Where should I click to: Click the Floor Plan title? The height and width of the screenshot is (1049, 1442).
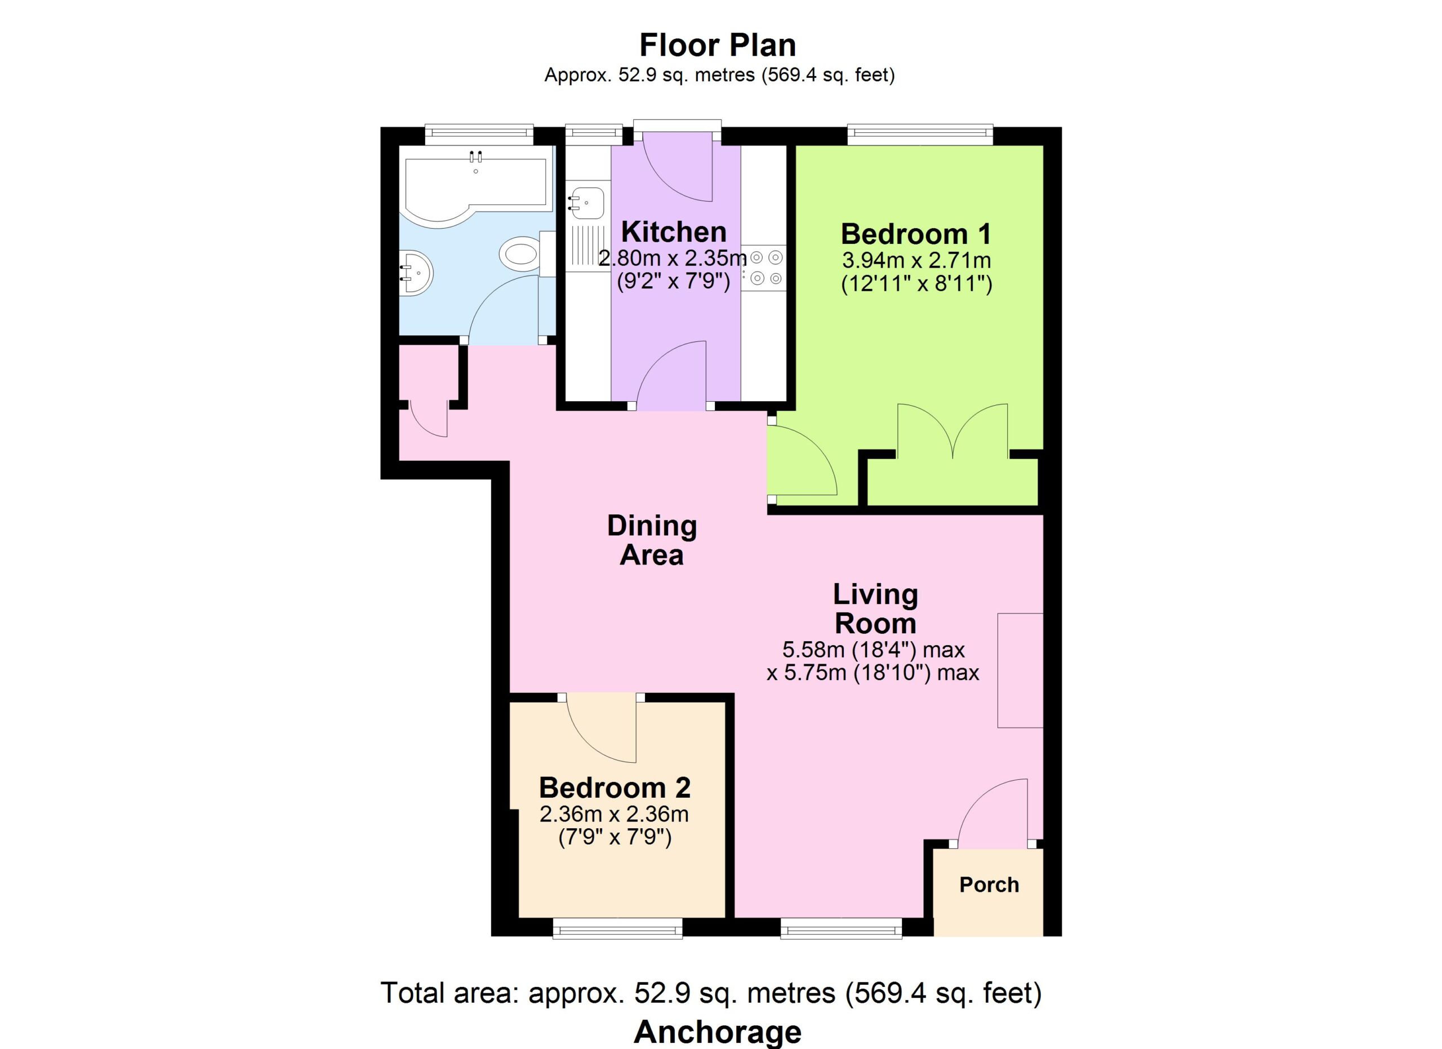tap(718, 45)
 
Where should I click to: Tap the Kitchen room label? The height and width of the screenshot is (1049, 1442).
tap(673, 232)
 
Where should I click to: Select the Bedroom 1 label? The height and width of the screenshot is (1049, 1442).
tap(916, 234)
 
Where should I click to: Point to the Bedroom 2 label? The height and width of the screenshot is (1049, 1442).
tap(614, 788)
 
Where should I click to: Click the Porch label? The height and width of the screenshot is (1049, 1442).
tap(989, 885)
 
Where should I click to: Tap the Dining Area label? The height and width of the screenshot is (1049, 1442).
tap(652, 540)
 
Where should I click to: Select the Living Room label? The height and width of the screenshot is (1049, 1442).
tap(875, 609)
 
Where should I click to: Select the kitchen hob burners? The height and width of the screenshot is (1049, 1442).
tap(766, 268)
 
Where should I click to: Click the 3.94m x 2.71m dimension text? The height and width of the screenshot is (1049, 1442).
tap(917, 260)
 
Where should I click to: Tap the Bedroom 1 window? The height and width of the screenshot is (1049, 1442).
tap(920, 134)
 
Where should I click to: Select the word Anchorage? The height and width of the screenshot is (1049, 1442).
tap(718, 1031)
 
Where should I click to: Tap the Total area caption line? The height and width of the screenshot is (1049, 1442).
tap(711, 993)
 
